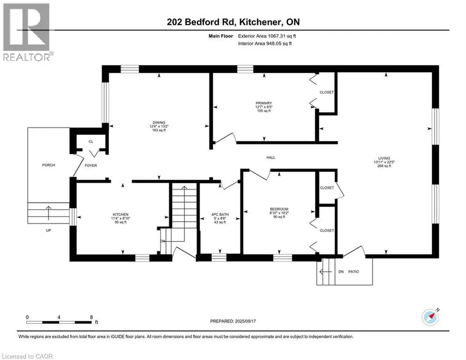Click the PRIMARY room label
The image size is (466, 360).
pos(264,103)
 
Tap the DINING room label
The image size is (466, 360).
pos(159,123)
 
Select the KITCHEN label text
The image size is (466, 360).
pos(120,215)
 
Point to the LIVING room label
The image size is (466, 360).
pos(384,158)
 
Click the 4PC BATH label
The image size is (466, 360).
pos(220,215)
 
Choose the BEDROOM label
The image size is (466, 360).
pos(279,209)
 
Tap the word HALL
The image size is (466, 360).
pos(271,157)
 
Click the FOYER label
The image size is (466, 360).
pos(91,165)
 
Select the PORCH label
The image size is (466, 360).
pos(48,165)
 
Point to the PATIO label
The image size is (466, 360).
pos(354,271)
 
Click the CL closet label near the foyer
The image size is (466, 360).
pos(91,142)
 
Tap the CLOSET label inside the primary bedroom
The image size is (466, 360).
pos(326,92)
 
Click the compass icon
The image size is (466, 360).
pos(430,317)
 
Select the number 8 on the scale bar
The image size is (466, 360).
pos(91,317)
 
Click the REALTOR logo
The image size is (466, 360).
pos(27,32)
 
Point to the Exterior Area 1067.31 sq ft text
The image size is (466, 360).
pos(267,36)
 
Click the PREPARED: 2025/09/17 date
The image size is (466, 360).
pos(233,321)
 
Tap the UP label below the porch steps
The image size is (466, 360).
pos(48,230)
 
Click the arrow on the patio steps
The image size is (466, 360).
pos(325,271)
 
